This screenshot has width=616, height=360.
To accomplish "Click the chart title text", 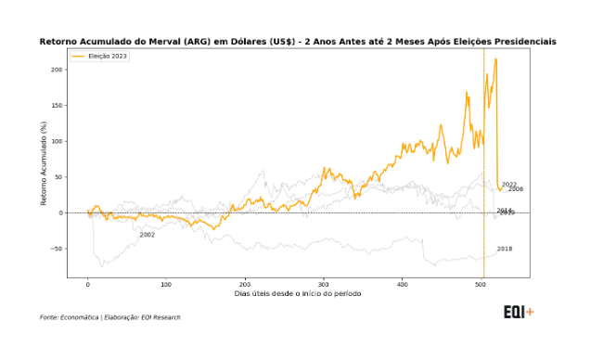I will [x=298, y=42].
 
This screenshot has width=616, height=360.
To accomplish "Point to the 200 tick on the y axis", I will [x=57, y=70].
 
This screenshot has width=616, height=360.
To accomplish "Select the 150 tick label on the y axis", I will [x=57, y=106].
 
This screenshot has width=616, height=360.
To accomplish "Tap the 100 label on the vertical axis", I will [x=57, y=141].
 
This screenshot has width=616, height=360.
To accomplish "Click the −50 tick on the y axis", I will [x=56, y=249].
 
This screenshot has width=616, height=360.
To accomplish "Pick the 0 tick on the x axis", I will [x=88, y=284].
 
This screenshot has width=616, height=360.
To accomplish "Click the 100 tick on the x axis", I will [x=166, y=284].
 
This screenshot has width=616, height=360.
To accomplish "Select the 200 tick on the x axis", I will [x=245, y=284].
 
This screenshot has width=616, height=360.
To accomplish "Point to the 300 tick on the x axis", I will [x=324, y=284].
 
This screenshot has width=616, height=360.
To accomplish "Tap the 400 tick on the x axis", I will [x=402, y=284].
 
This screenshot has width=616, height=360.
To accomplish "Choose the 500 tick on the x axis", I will [x=481, y=284].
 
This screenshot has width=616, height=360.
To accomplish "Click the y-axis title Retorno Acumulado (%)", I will [x=44, y=163].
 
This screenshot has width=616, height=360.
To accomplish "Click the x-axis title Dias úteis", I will [x=298, y=294].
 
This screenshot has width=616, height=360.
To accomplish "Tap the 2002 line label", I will [x=148, y=235].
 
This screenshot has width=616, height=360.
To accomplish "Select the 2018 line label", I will [x=505, y=249].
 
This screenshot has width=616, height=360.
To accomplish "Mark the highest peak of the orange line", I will [x=496, y=59].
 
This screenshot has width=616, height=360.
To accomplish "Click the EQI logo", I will [x=518, y=312].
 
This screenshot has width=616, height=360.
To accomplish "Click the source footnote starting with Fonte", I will [x=110, y=317].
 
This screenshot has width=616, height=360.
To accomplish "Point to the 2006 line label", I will [x=516, y=189].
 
